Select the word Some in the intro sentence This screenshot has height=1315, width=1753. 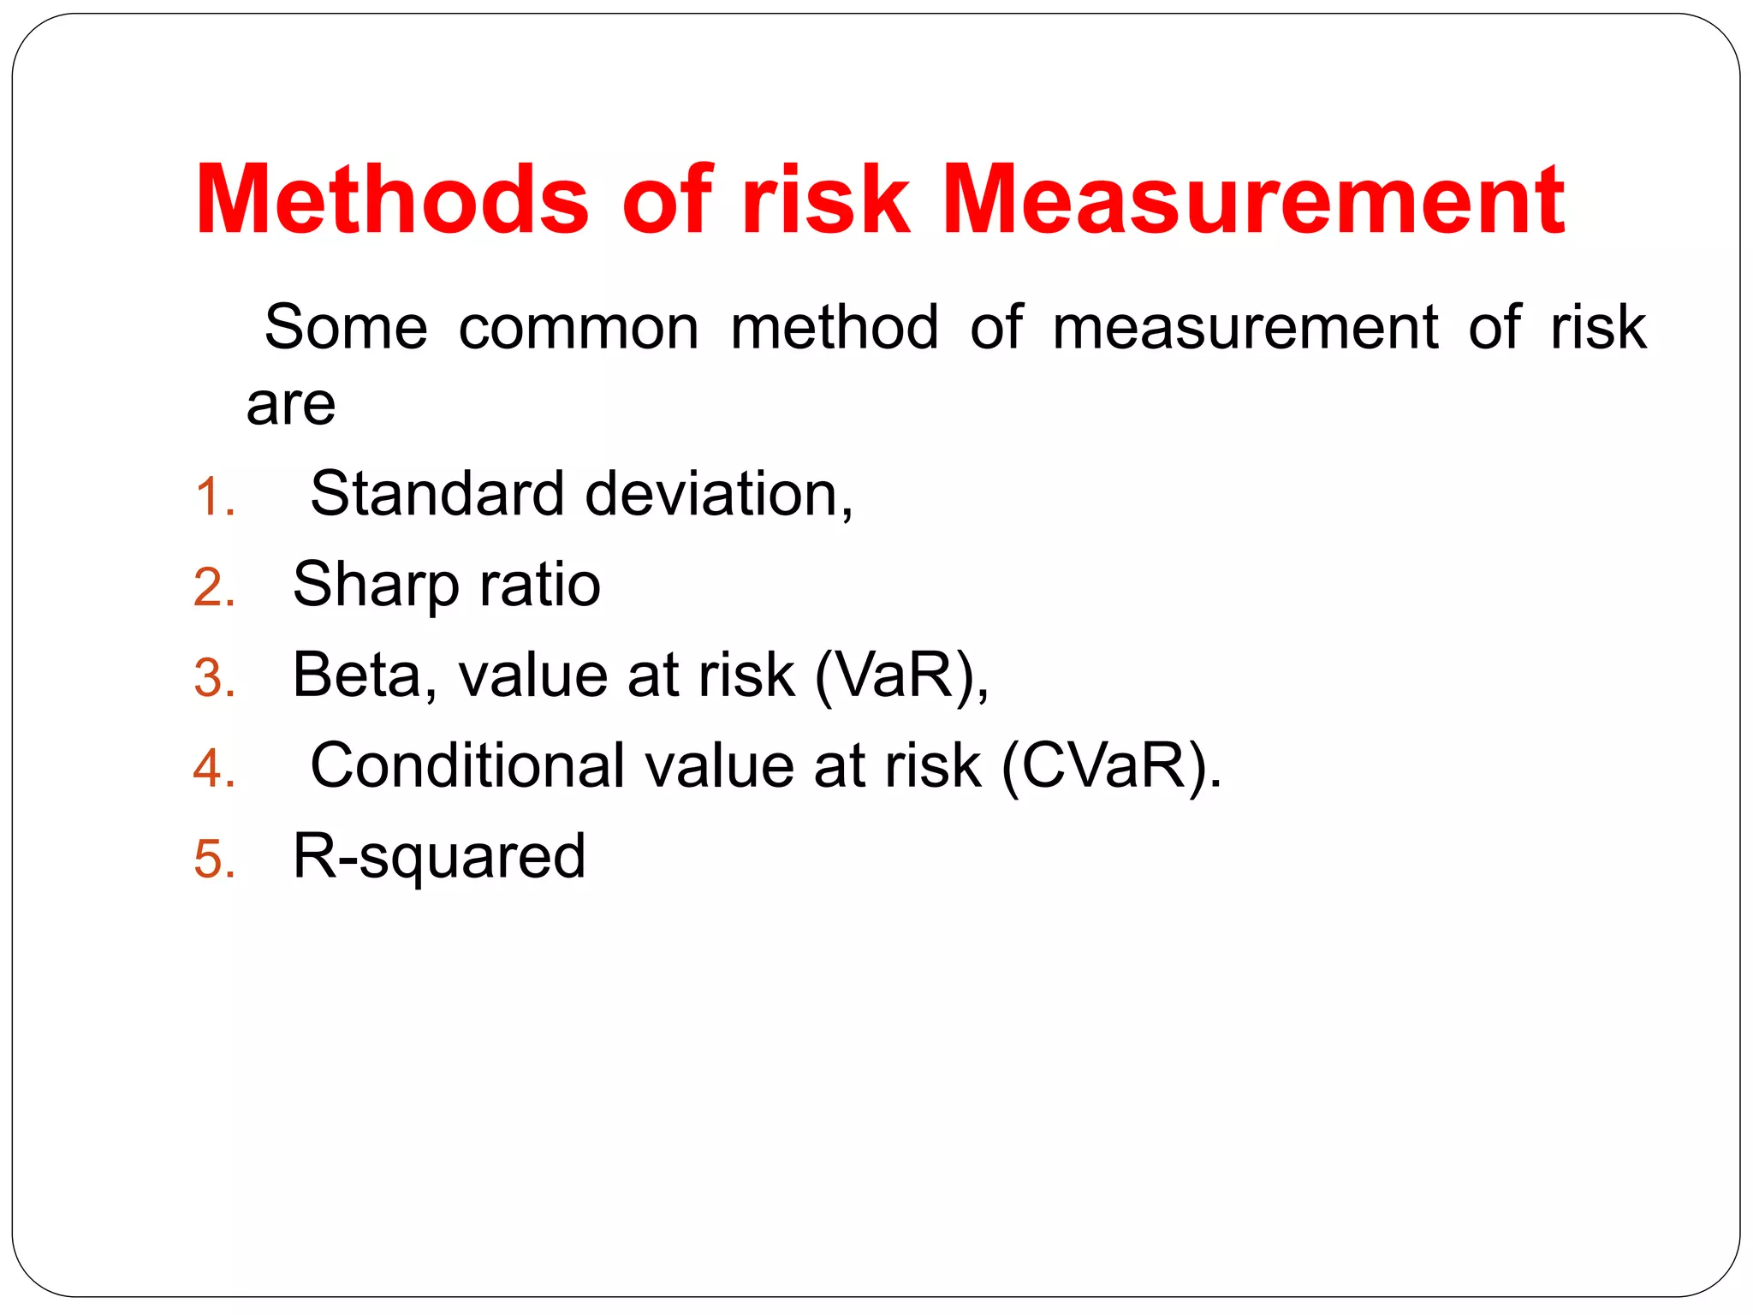coord(346,327)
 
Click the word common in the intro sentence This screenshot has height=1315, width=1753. coord(579,327)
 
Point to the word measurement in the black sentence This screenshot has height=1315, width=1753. coord(1245,327)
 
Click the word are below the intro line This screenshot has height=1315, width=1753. coord(291,404)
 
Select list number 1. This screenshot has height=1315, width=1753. coord(214,497)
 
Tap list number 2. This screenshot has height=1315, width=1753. coord(214,588)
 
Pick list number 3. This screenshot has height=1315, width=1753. coord(214,678)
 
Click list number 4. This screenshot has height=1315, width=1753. coord(214,768)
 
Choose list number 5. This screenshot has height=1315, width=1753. coord(214,859)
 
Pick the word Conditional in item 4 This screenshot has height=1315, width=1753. coord(467,765)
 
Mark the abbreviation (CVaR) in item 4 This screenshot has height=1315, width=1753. coord(1111,766)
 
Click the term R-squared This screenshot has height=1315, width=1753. coord(439,856)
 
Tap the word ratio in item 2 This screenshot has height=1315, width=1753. coord(540,585)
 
